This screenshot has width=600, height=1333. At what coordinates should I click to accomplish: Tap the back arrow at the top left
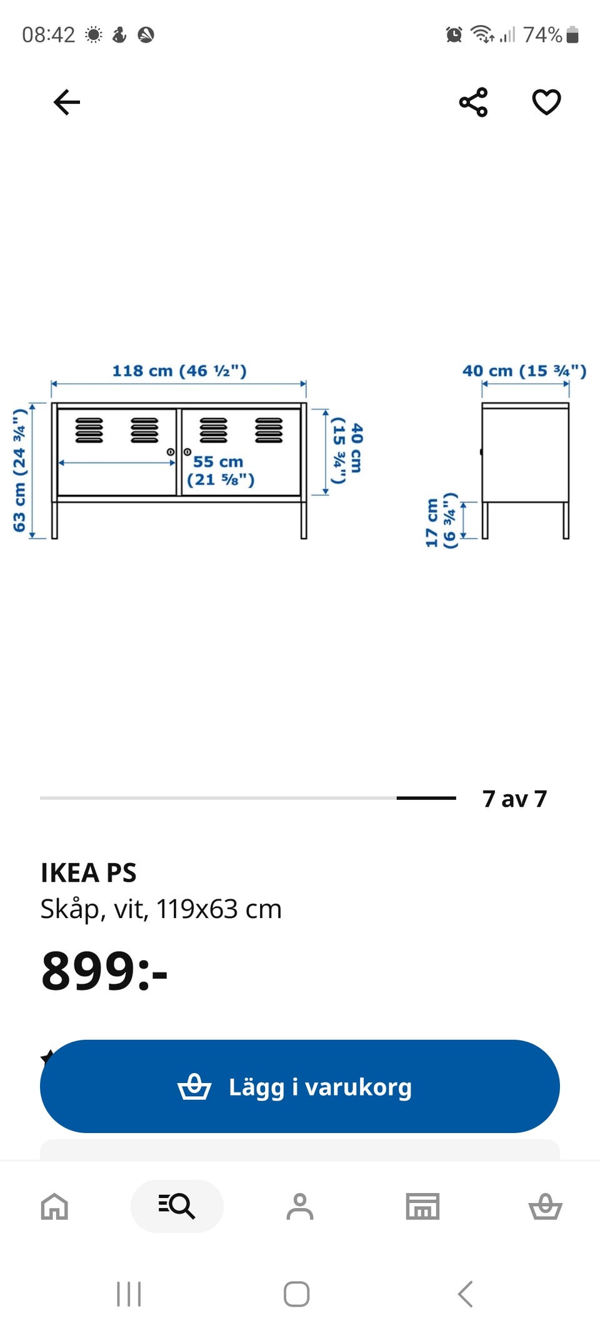tap(67, 102)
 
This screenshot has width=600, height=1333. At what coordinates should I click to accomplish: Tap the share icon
tap(473, 102)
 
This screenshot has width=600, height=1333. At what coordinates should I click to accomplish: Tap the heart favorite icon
tap(546, 102)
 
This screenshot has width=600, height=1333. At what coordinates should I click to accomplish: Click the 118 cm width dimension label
tap(179, 371)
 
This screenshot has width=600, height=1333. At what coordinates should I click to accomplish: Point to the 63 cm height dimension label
tap(19, 470)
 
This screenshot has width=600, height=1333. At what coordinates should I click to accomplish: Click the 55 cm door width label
tap(221, 471)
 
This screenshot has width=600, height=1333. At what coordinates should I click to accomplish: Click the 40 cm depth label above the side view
tap(524, 371)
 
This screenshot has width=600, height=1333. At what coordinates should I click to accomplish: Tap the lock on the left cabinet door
tap(170, 452)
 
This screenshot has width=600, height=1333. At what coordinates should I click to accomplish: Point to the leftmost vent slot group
tap(89, 430)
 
